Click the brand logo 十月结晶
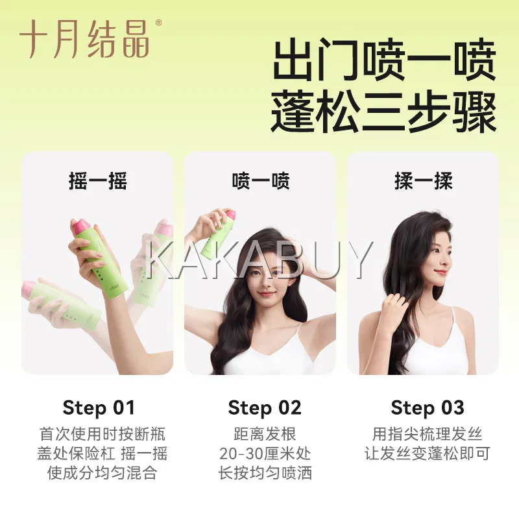[85, 40]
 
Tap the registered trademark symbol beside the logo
[158, 23]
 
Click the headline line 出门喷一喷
[383, 60]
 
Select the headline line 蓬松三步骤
[383, 112]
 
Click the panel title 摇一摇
[98, 181]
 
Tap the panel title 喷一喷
[261, 181]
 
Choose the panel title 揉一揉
[424, 181]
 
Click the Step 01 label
[99, 407]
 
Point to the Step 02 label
[265, 407]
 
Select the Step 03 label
[428, 407]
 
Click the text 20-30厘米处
[265, 453]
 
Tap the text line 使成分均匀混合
[102, 473]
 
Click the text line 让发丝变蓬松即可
[427, 453]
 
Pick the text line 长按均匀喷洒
[265, 473]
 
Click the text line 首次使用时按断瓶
[103, 434]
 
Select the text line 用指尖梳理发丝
[427, 434]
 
